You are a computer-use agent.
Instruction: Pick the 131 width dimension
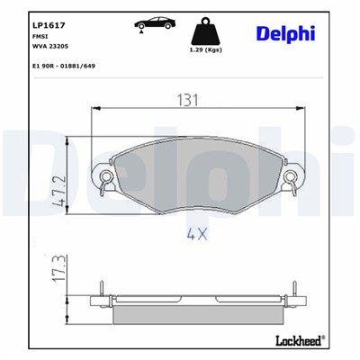tap(185, 102)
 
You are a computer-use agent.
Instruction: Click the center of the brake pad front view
tap(196, 175)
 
